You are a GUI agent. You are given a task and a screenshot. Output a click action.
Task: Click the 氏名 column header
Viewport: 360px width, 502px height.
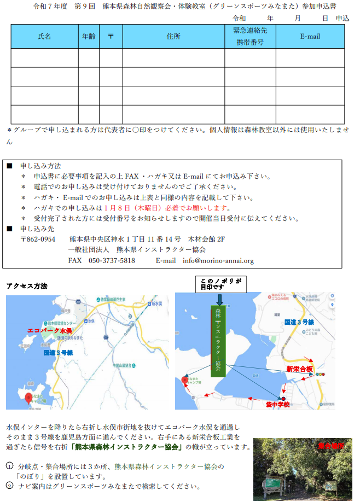point(44,37)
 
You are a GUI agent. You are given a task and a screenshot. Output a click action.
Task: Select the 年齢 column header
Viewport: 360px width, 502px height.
point(88,37)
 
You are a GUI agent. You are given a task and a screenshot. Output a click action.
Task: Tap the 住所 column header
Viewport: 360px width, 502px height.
point(173,37)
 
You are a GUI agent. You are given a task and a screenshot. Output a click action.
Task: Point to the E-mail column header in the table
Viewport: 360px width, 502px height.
point(310,37)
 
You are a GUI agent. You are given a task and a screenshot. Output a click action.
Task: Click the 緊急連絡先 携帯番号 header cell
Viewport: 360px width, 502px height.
point(249,37)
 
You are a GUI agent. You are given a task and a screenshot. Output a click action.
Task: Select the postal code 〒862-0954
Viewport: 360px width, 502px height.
point(38,240)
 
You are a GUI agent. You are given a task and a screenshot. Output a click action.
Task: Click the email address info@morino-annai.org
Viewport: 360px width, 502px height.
point(218,261)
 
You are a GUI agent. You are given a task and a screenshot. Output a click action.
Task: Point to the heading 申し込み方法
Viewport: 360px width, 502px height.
point(40,166)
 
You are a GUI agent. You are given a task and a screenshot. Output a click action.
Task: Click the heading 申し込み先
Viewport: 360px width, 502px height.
point(37,229)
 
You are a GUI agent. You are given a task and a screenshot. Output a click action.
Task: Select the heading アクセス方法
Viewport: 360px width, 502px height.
point(27,286)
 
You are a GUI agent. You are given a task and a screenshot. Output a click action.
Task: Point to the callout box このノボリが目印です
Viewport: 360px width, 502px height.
point(220,284)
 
